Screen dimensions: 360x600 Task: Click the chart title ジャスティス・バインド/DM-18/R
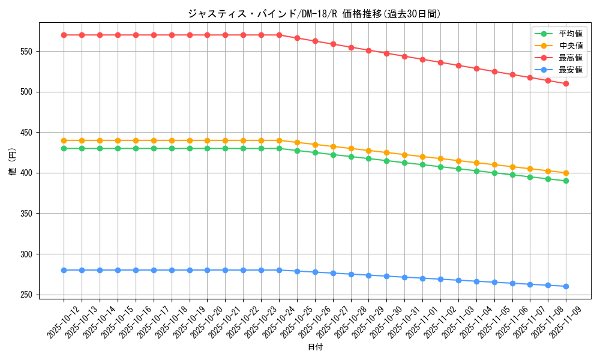pyautogui.click(x=314, y=13)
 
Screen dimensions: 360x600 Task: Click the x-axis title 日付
pyautogui.click(x=315, y=347)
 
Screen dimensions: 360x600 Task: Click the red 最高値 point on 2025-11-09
pyautogui.click(x=566, y=83)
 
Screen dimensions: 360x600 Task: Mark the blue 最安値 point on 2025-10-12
pyautogui.click(x=64, y=270)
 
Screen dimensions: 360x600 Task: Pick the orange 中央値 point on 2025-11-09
pyautogui.click(x=566, y=173)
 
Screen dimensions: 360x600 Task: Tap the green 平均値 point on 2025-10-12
pyautogui.click(x=64, y=148)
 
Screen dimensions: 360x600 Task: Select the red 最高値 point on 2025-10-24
pyautogui.click(x=279, y=35)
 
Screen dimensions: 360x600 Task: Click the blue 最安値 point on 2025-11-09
pyautogui.click(x=566, y=286)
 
